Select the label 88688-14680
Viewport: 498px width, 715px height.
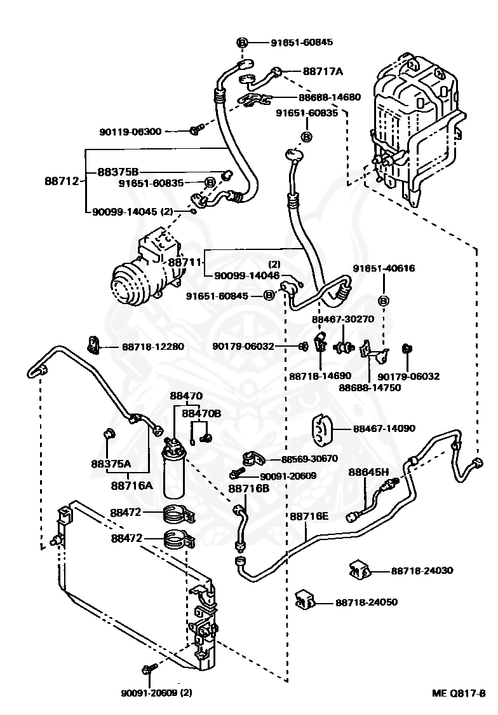(x=330, y=97)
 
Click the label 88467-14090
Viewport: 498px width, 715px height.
(x=384, y=428)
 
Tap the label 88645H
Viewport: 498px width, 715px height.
(x=368, y=472)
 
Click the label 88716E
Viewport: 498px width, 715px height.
(x=309, y=515)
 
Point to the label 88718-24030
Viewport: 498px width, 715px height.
(x=422, y=571)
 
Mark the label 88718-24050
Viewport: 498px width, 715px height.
(x=367, y=602)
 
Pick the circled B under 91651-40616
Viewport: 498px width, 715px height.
(x=384, y=300)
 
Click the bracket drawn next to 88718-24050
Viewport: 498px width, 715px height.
(x=306, y=599)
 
